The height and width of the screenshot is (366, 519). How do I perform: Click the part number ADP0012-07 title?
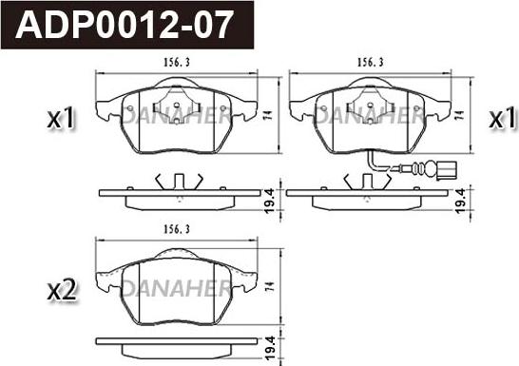[x=125, y=25]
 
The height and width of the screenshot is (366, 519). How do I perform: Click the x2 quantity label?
[x=62, y=290]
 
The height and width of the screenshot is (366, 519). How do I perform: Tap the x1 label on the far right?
[x=503, y=118]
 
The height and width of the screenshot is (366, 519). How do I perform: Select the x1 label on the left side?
[x=61, y=118]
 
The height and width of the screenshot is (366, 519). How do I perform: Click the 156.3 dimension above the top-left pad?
[x=177, y=62]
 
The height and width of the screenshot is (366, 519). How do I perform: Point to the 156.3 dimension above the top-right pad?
[x=371, y=62]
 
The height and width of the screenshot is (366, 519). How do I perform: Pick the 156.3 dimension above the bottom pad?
[x=177, y=229]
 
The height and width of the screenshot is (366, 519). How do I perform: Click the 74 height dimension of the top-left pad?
[x=269, y=115]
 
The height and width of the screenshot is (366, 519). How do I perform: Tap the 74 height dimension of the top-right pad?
[x=459, y=115]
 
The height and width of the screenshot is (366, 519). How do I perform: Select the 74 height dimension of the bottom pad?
[x=270, y=286]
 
